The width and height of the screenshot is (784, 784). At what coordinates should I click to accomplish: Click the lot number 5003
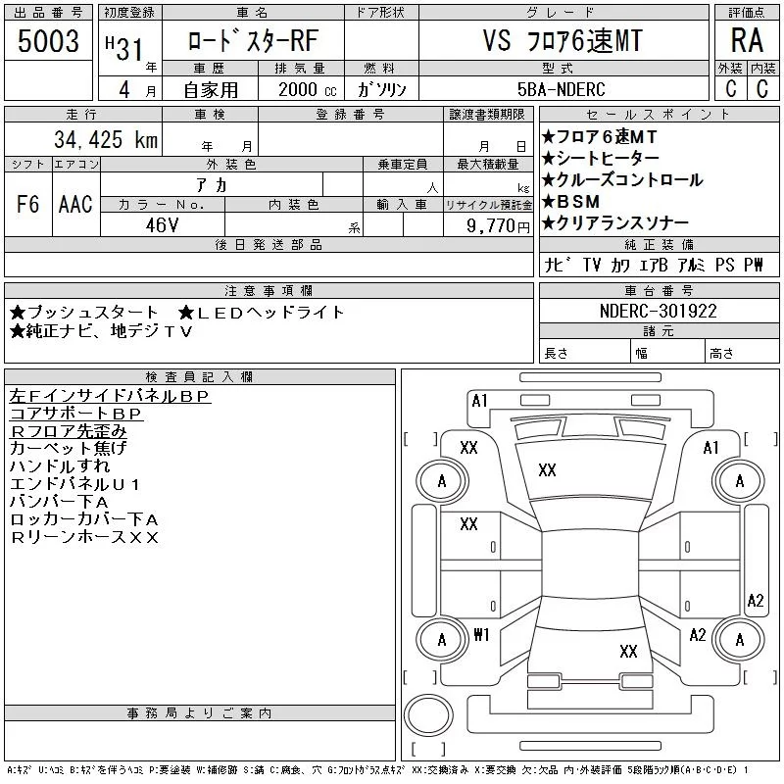point(49,41)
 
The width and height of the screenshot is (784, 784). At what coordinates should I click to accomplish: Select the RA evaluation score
point(747,40)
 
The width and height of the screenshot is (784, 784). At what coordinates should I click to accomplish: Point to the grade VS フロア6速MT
point(562,40)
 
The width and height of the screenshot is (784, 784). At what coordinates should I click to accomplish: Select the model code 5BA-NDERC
point(562,89)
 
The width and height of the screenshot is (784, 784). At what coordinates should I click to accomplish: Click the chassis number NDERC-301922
point(659,312)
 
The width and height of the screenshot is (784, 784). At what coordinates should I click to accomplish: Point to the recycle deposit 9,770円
point(500,225)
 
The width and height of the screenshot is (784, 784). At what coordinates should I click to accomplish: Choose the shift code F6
point(28,205)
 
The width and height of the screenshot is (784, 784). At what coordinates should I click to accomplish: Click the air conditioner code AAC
point(75,205)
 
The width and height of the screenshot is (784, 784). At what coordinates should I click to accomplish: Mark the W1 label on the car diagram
point(481,634)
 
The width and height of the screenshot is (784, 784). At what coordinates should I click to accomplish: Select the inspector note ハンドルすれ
point(61,466)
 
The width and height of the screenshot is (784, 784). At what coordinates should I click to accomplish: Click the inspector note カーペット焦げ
point(68,448)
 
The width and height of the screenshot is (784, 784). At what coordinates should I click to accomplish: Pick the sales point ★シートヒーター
point(600,159)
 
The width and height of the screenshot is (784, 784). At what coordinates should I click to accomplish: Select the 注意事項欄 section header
point(269,291)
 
